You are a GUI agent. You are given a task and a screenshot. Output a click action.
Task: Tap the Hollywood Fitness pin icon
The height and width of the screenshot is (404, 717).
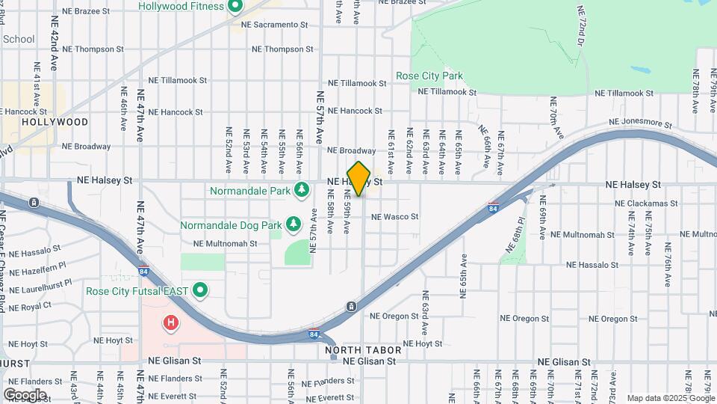[x=235, y=7]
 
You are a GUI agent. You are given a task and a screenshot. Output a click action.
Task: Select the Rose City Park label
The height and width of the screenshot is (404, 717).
[x=429, y=76]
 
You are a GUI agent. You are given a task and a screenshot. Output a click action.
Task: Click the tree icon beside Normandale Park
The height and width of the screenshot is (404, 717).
[x=302, y=190]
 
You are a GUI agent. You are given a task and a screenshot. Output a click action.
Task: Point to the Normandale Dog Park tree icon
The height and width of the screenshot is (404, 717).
[x=294, y=224]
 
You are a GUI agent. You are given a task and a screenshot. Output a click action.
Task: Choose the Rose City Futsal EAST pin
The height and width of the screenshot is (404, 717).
[x=199, y=290]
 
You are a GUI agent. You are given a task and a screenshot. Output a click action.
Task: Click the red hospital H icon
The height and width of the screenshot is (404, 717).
[x=171, y=323]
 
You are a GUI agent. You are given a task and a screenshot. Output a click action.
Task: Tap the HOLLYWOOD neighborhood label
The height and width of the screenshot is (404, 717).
[x=55, y=122]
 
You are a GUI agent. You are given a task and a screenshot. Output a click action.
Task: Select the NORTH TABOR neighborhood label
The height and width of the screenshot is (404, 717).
[x=363, y=350]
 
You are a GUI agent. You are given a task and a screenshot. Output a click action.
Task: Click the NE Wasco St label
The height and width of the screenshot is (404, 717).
[x=395, y=217]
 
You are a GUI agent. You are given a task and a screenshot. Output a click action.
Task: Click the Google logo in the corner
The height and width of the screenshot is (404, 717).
[x=25, y=394]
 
